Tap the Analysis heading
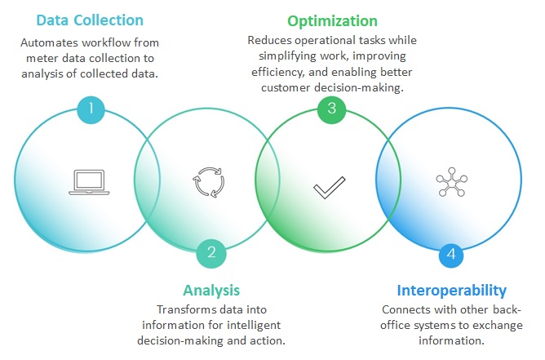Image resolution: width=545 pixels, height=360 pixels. (x=212, y=290)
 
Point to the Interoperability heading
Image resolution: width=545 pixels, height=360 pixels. (x=451, y=290)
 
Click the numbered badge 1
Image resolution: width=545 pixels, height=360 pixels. (x=91, y=108)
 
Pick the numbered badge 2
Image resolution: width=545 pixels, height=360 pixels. (x=211, y=252)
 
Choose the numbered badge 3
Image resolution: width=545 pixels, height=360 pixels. (x=331, y=108)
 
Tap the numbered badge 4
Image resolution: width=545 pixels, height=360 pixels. (x=451, y=256)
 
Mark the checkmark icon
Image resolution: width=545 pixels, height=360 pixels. (x=330, y=189)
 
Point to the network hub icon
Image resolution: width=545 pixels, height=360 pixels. (x=450, y=181)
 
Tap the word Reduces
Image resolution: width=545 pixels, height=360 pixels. (x=269, y=39)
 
